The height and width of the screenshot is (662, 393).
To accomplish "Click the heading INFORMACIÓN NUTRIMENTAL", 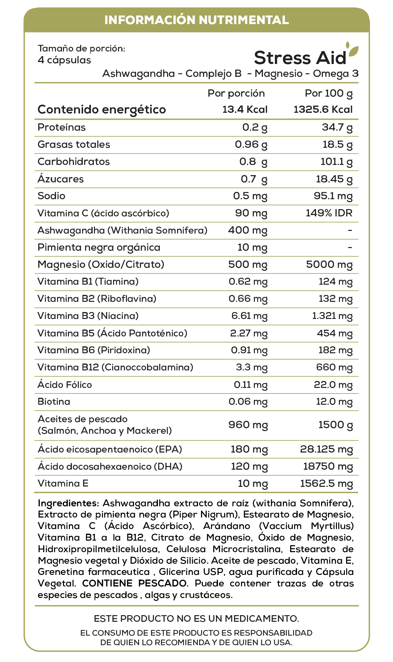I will coord(196,20).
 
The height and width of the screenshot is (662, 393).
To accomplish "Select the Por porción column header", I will coord(236,93).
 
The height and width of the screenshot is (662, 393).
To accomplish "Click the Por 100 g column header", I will coord(329,93).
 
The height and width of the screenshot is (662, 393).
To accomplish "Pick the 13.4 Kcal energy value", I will coord(245,110).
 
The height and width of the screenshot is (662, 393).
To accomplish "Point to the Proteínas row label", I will coord(62,127).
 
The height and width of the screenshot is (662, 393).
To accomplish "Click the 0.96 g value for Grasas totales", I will coord(251,144).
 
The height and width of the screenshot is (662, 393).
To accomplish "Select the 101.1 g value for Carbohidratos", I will coord(336,162).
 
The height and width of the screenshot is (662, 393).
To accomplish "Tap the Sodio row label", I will coord(51,196).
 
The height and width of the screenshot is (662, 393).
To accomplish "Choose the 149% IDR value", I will coord(329,213).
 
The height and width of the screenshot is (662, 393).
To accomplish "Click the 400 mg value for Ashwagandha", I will coord(248,230).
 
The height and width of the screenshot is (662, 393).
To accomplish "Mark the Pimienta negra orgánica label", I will coord(99,247).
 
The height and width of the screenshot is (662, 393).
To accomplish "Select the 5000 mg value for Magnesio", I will coord(329,265).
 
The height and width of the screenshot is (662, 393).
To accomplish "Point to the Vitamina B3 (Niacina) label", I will coord(88,316).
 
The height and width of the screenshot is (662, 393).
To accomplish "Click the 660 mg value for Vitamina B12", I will coord(334,367).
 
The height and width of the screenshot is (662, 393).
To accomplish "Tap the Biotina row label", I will coord(54,402).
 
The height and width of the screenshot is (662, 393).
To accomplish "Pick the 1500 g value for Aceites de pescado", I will coord(335,425).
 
